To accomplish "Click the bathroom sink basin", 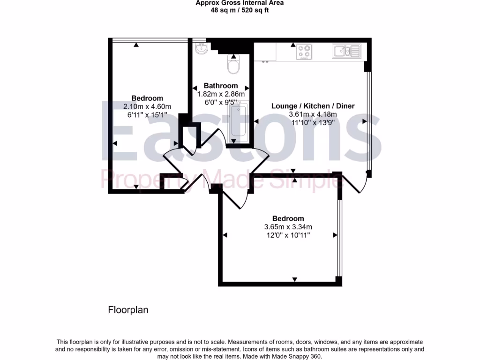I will [202, 48].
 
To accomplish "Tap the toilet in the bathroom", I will [233, 64].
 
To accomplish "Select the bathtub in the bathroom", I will [238, 123].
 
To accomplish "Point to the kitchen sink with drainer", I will [345, 51].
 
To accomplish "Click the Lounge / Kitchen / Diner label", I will [313, 106].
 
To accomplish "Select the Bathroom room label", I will [220, 86].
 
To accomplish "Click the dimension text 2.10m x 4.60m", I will [147, 106].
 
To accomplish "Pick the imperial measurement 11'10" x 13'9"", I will [313, 122].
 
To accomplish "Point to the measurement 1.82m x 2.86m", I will [220, 94].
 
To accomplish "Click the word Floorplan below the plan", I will [128, 310].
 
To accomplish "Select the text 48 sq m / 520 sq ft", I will [240, 10].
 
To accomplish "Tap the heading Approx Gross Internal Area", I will [240, 3].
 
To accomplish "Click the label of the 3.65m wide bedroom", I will [288, 218].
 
